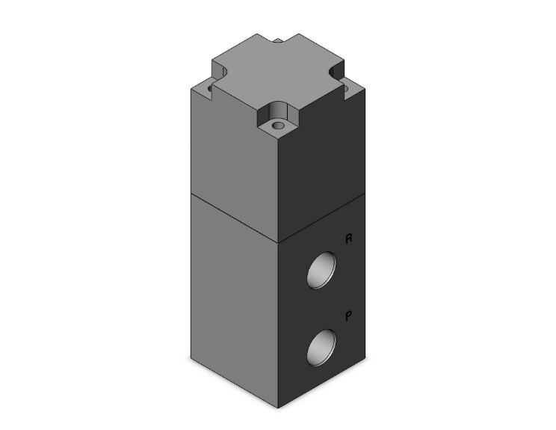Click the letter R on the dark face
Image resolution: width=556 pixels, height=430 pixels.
coord(347,239)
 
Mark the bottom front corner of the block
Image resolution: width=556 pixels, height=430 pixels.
coord(278,408)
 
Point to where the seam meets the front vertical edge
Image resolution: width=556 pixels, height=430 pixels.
coord(278,244)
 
